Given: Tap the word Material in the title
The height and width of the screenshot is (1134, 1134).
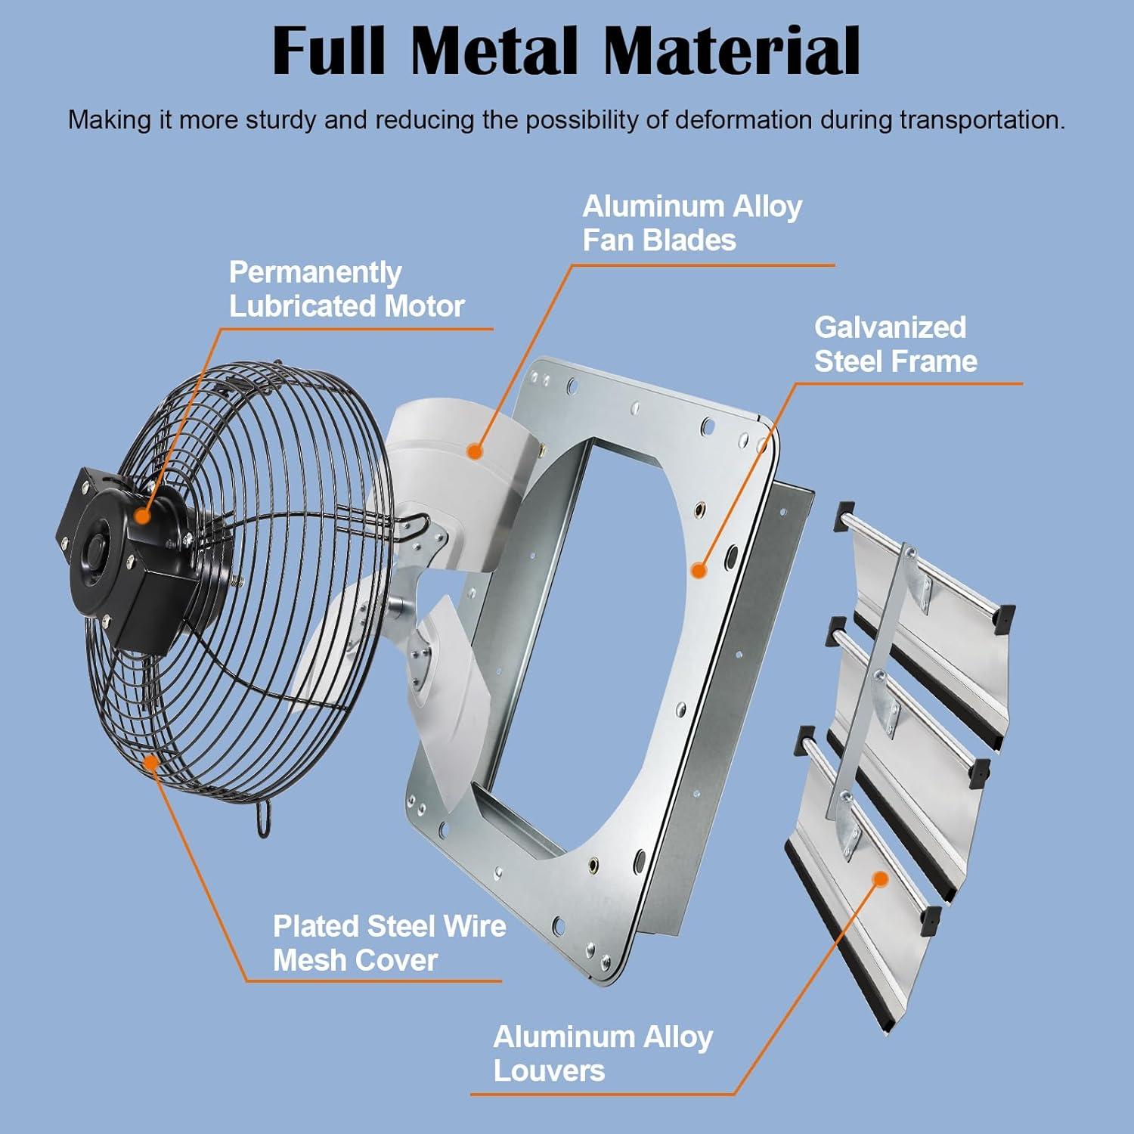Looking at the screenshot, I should coord(732,51).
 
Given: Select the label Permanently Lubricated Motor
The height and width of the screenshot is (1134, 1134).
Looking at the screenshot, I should coord(346,290).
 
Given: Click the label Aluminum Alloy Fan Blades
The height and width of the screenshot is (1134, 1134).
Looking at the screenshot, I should coord(692,223).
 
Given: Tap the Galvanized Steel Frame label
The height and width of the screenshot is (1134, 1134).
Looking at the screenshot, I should coord(895,344).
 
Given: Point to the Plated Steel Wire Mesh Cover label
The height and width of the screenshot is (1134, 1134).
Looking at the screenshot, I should coord(389,943).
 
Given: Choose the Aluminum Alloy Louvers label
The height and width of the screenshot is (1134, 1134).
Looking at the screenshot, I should coord(603,1054).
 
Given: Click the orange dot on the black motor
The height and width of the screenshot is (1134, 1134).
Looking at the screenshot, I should coord(141,516).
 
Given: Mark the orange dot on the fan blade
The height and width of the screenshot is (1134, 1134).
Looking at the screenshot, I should coord(475,452).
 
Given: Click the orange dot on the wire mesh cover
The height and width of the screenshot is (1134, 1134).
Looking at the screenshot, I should coord(152,761).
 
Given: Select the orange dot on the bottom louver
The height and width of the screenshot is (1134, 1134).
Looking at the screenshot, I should coord(880,878).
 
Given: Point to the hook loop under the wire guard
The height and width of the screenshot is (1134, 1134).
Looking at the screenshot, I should coord(264,820).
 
